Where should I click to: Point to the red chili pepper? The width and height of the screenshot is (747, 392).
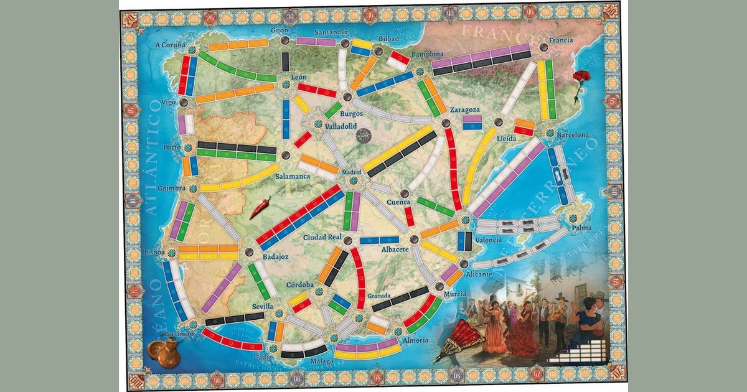coord(260,208)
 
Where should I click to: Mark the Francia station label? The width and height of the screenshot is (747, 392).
coord(561,40)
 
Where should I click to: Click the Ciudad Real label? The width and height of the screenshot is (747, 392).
coord(322,238)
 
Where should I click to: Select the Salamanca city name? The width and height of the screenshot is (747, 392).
coord(293,177)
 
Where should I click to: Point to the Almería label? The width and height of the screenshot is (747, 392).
coord(415,340)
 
